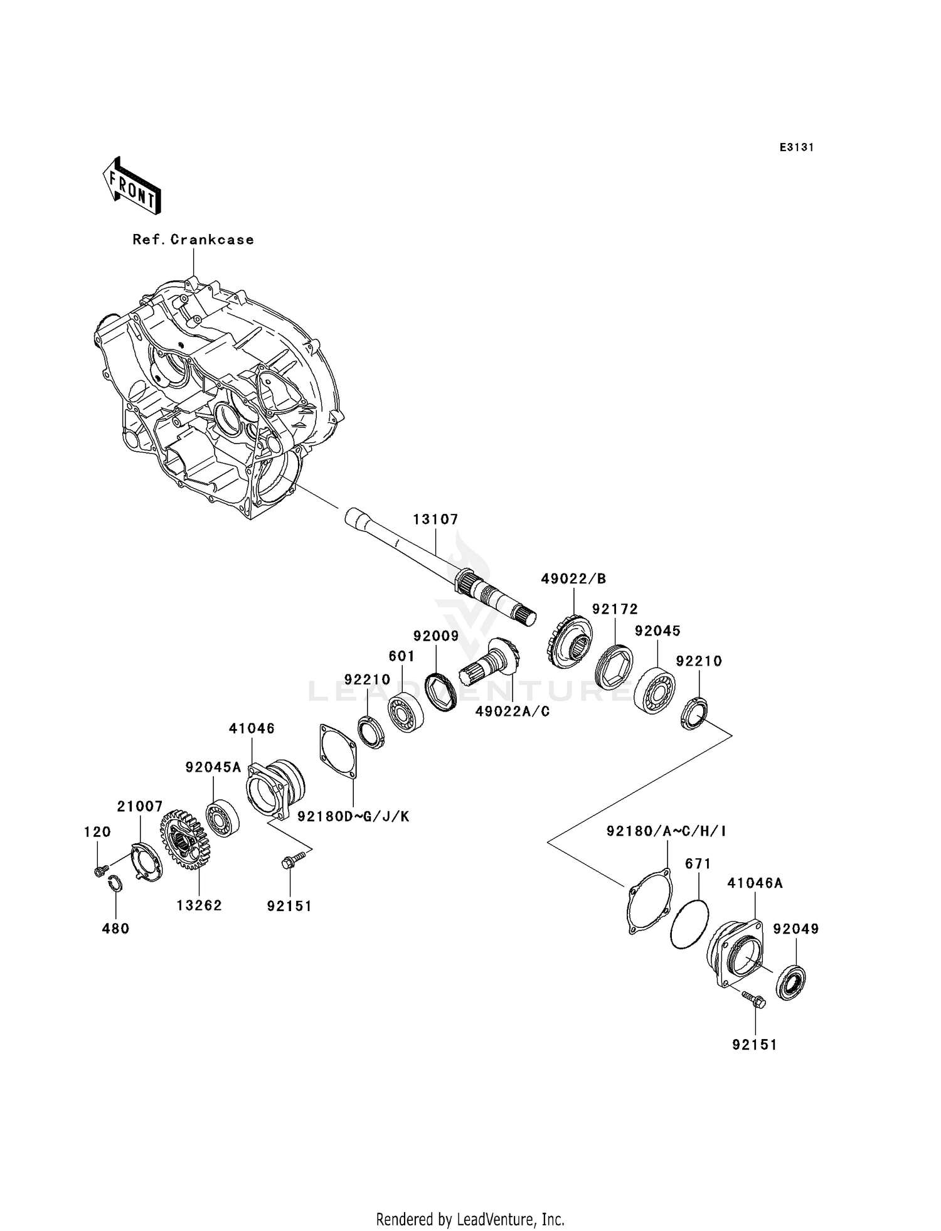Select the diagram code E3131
pos(797,147)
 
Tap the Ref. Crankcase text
pos(193,240)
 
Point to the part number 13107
pos(435,520)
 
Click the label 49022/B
pos(573,578)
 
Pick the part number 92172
pos(615,609)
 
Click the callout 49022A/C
pos(512,711)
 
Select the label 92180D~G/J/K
pos(353,816)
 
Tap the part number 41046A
pos(755,883)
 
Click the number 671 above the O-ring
pos(698,864)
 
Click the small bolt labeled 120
pos(98,871)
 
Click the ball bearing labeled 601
pos(405,712)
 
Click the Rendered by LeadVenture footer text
pos(470,1219)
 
